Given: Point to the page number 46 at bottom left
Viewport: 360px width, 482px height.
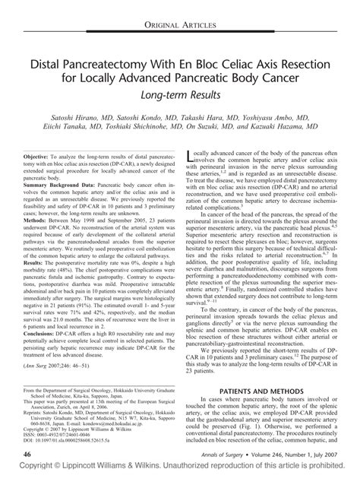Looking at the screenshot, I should click(27, 454).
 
